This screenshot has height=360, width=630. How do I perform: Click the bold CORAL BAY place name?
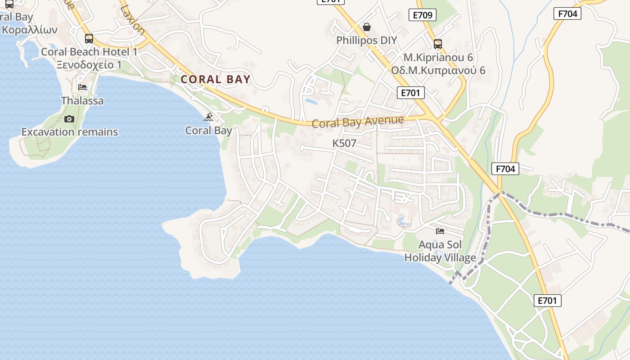pyautogui.click(x=215, y=80)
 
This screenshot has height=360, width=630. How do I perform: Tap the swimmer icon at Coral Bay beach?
pyautogui.click(x=208, y=117)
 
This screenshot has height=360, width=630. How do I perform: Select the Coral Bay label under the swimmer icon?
pyautogui.click(x=208, y=130)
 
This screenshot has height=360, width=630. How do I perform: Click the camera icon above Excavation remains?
pyautogui.click(x=69, y=119)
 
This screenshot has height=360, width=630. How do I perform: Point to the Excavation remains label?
pyautogui.click(x=70, y=132)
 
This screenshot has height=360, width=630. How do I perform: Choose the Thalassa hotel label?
pyautogui.click(x=82, y=101)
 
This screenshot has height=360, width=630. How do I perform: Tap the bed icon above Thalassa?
pyautogui.click(x=82, y=87)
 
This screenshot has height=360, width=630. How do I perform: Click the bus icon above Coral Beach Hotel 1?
pyautogui.click(x=89, y=39)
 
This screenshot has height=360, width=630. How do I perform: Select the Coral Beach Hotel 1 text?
pyautogui.click(x=89, y=52)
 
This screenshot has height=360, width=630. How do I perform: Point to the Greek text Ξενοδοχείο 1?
pyautogui.click(x=89, y=65)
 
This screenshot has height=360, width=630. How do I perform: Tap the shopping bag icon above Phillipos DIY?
pyautogui.click(x=367, y=27)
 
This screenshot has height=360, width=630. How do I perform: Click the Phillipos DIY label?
pyautogui.click(x=367, y=40)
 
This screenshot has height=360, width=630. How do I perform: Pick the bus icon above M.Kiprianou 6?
pyautogui.click(x=438, y=44)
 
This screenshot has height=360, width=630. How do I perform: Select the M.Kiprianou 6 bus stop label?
pyautogui.click(x=438, y=58)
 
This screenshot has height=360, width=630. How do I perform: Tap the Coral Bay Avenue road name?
pyautogui.click(x=358, y=121)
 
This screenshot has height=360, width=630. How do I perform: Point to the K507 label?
pyautogui.click(x=344, y=144)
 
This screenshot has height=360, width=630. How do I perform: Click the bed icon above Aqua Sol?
pyautogui.click(x=440, y=231)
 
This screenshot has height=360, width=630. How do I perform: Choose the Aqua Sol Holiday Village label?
pyautogui.click(x=440, y=251)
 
